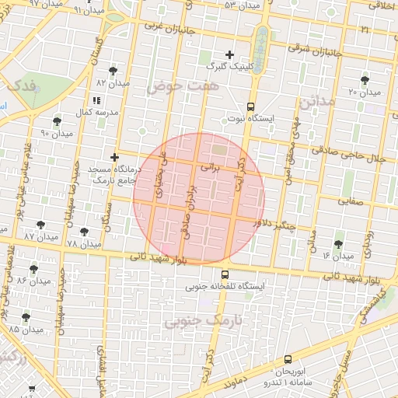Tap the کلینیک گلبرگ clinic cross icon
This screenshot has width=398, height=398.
point(229,54)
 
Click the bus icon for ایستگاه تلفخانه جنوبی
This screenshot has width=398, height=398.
point(225,274)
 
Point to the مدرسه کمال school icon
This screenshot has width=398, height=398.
point(96,100)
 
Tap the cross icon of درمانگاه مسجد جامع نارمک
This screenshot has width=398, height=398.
point(114,157)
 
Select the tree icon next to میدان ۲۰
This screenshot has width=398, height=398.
point(365,80)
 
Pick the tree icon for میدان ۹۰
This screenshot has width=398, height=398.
point(57,121)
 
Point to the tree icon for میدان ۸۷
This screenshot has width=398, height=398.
point(40,225)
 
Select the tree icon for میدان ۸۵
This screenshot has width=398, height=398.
point(26,317)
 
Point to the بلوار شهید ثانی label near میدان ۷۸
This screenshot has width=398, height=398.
point(159,254)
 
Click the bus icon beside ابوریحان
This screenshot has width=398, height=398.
point(288,359)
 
